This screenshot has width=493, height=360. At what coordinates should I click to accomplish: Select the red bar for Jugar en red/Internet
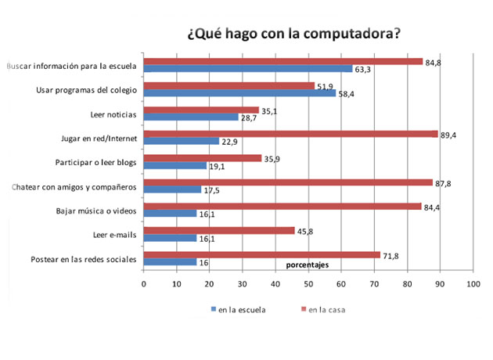tap(290, 134)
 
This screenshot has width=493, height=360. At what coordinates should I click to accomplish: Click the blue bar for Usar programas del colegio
tap(239, 92)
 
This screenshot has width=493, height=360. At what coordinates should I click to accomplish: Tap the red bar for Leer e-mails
tap(218, 231)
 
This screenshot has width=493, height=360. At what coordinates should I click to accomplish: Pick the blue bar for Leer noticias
tap(190, 117)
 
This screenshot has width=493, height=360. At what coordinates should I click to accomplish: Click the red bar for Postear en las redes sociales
tap(261, 255)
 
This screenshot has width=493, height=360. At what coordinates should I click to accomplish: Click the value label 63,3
tap(363, 69)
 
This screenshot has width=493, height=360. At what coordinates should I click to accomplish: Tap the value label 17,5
tap(211, 190)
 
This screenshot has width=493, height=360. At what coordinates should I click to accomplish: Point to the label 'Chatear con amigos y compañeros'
tap(73, 187)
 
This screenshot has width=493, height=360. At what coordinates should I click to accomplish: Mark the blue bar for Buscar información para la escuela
tap(247, 68)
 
